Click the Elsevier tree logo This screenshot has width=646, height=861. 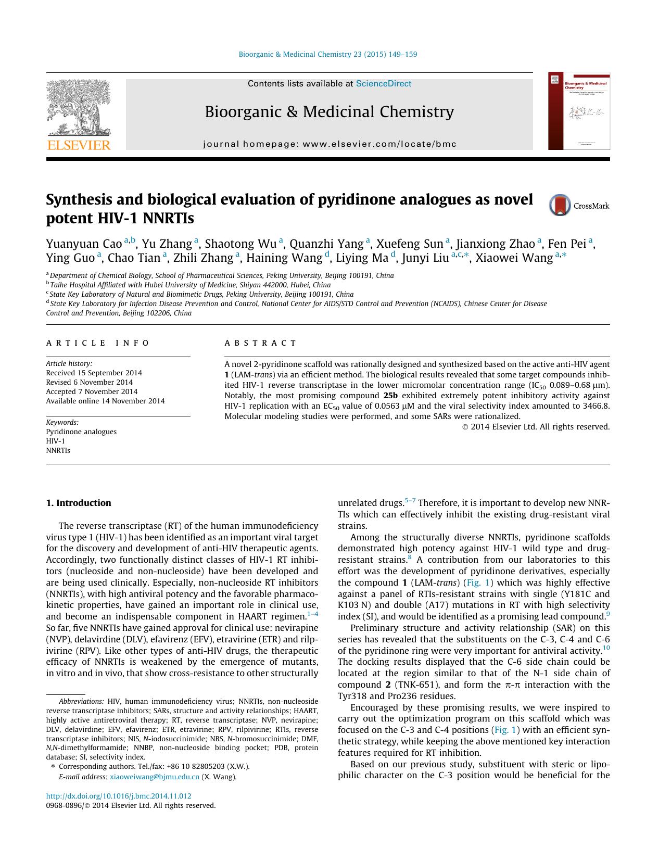click(x=79, y=109)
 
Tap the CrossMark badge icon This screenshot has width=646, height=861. click(x=560, y=206)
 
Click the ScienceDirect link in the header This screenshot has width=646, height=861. click(x=383, y=84)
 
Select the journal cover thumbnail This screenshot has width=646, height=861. click(x=578, y=111)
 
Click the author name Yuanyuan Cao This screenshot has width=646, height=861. click(x=84, y=244)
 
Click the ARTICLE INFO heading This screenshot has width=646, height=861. click(x=97, y=343)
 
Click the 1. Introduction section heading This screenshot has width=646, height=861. click(x=79, y=503)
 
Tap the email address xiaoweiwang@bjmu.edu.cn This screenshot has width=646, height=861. click(x=154, y=777)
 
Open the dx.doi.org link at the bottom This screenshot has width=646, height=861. click(x=119, y=796)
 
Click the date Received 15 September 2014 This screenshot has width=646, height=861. click(x=94, y=373)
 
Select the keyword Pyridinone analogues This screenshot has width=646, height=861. click(x=81, y=432)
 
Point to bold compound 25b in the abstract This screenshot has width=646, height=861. click(x=390, y=396)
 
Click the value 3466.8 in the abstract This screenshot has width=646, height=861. click(x=596, y=406)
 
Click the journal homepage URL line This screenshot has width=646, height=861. click(x=330, y=144)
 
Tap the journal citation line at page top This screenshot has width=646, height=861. click(x=327, y=54)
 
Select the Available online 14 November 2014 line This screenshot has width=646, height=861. click(x=105, y=401)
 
